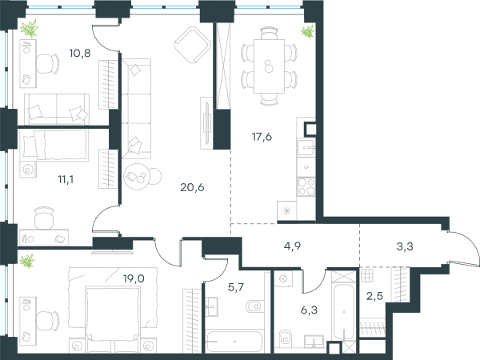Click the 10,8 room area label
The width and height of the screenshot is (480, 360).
tap(80, 54)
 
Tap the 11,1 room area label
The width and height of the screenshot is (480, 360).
tap(66, 179)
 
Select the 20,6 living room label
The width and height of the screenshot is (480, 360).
tap(192, 187)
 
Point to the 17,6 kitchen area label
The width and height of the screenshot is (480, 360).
tap(262, 137)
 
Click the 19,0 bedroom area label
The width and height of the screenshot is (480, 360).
tap(134, 278)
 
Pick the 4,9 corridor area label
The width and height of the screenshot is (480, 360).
tap(292, 246)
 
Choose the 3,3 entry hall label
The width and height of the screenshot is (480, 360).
tap(405, 246)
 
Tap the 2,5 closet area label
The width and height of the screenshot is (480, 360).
tap(374, 296)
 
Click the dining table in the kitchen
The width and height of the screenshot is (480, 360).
tap(269, 66)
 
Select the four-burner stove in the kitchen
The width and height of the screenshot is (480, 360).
tap(306, 186)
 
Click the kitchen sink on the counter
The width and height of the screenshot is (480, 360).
tap(306, 148)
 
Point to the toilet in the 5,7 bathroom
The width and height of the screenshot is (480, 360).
tap(255, 306)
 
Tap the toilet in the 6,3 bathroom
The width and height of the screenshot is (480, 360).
tap(285, 338)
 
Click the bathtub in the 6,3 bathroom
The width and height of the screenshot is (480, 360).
tap(344, 312)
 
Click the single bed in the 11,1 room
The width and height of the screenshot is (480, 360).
tap(55, 145)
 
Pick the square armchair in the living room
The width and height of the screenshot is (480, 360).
tap(192, 45)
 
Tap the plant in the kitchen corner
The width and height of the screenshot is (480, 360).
tap(308, 31)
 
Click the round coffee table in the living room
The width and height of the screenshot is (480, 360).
tap(137, 176)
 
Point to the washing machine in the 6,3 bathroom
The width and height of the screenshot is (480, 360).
tap(283, 278)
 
